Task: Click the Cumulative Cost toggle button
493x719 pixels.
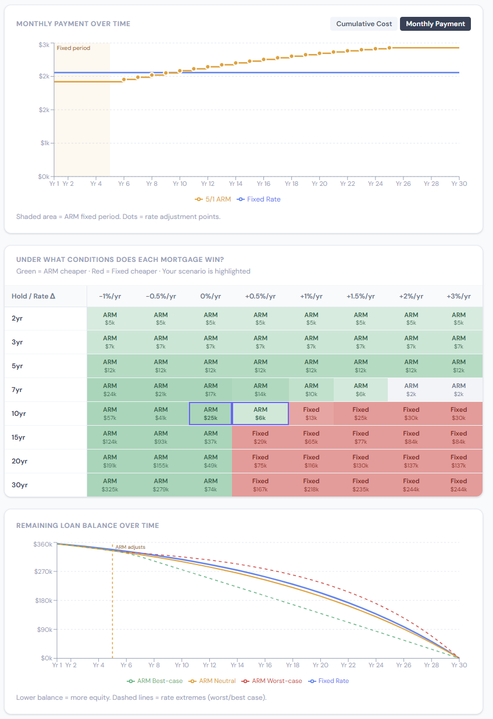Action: point(364,24)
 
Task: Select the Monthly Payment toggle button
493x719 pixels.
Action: point(435,24)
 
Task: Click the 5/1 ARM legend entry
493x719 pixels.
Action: point(213,199)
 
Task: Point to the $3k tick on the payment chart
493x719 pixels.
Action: point(44,45)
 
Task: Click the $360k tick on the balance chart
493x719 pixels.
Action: point(43,544)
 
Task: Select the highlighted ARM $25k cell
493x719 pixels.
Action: point(210,414)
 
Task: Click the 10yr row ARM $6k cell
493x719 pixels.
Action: point(260,414)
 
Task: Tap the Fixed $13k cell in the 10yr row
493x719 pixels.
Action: point(311,414)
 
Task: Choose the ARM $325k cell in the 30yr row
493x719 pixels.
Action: point(110,485)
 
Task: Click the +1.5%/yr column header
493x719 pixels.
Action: point(360,296)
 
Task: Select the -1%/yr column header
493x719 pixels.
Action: point(110,296)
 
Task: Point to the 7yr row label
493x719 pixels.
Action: point(17,390)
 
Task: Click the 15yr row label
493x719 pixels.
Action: point(19,437)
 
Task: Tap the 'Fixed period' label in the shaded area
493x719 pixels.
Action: point(73,48)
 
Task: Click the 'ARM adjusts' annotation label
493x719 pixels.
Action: point(130,547)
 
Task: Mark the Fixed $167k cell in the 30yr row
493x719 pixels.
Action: point(260,485)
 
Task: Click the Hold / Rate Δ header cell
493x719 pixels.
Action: point(34,296)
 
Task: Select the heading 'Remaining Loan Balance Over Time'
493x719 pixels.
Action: point(87,526)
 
